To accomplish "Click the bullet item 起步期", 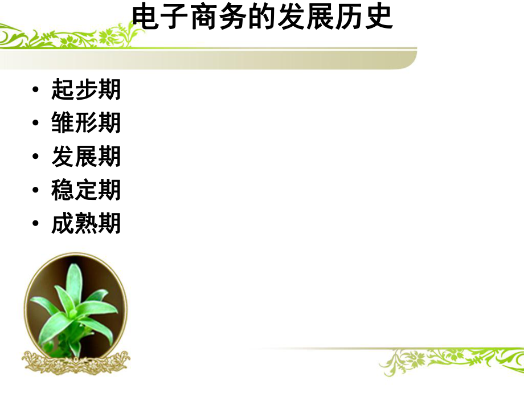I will [86, 89].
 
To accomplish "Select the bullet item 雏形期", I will [86, 123].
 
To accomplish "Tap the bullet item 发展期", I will [86, 157].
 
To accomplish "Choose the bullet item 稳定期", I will [86, 190].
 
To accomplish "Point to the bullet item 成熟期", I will [86, 224].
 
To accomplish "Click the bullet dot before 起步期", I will [36, 90].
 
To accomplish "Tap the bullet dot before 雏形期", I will [36, 124].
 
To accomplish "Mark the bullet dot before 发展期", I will [36, 157].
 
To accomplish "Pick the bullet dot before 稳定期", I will [36, 191].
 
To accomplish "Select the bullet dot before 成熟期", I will [36, 224].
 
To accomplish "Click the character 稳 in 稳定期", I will [63, 190].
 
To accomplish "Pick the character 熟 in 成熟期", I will [86, 224].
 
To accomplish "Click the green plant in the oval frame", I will [75, 308].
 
